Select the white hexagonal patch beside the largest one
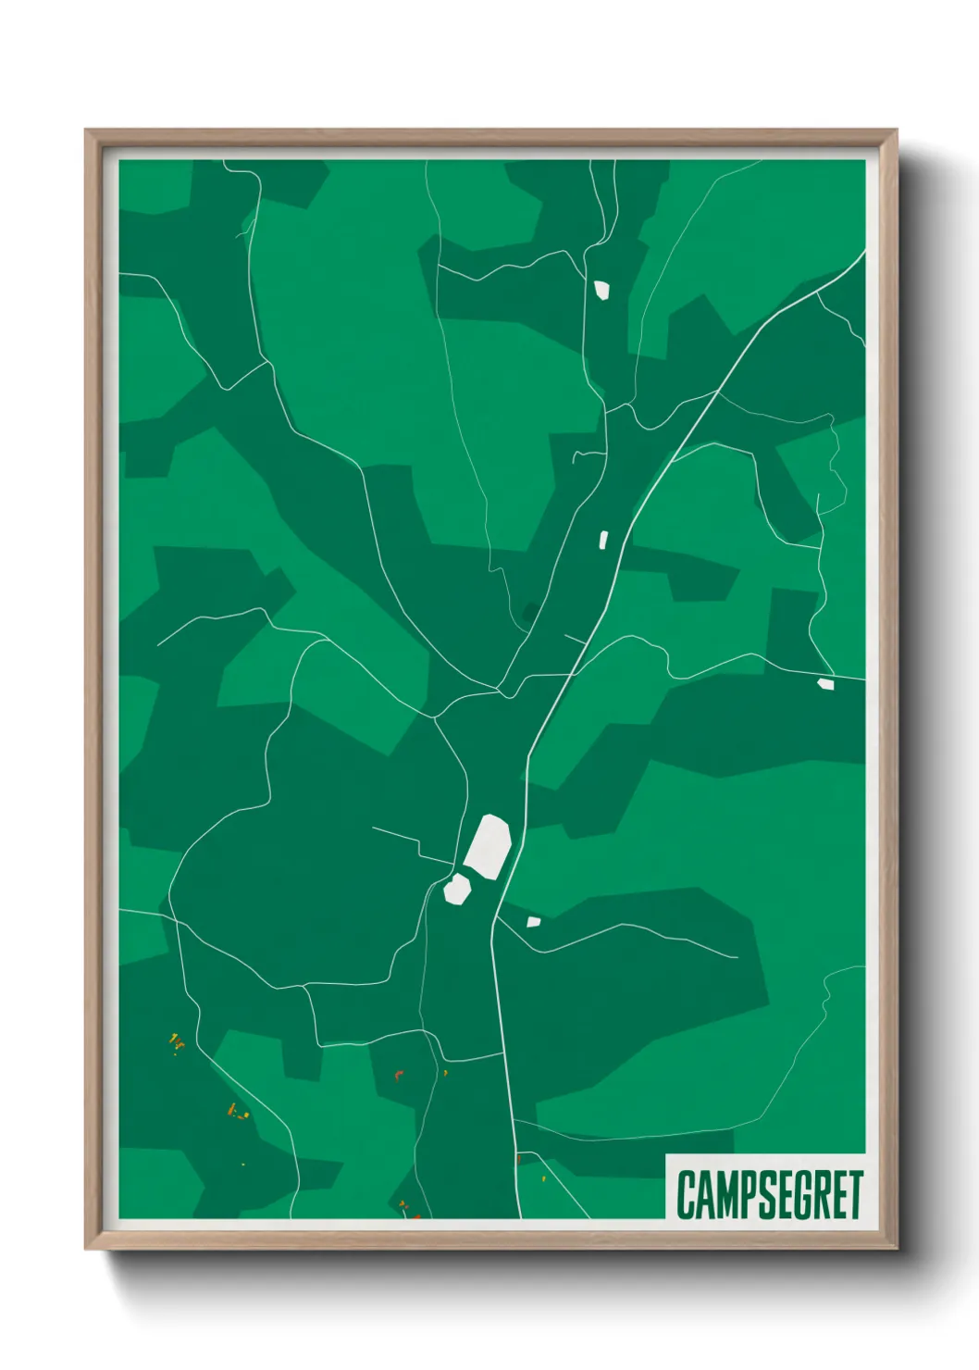coord(457,889)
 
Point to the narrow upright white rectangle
coord(603,539)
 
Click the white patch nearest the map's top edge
coord(601,290)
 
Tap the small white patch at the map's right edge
coord(825,684)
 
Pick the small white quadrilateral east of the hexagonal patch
coord(533,921)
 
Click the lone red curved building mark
coord(399,1074)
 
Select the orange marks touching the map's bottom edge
coord(407,1209)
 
